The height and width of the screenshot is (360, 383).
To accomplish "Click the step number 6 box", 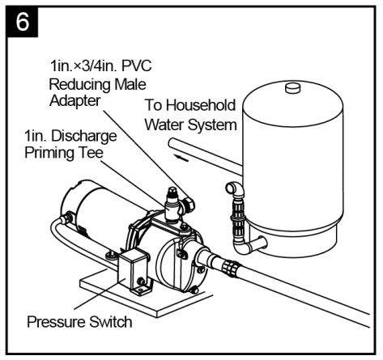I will (x=23, y=23).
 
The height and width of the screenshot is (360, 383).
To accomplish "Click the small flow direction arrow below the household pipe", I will (x=188, y=159).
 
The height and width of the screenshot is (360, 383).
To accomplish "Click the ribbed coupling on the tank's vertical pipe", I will (x=237, y=212).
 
